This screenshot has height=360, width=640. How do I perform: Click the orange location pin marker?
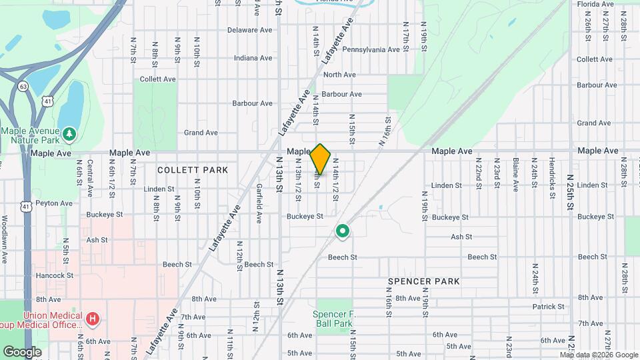coord(321,159)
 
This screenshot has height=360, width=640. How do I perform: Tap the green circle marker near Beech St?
coord(343,231)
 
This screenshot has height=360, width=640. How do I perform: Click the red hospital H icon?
coord(93,319)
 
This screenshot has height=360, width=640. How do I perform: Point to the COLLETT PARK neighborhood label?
coord(193,170)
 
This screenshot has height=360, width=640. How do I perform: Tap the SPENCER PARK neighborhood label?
coord(424,281)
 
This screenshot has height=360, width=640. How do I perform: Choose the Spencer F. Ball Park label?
coord(333,319)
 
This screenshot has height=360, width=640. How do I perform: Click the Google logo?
coord(22,352)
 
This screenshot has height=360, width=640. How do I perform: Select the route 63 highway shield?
coord(23,86)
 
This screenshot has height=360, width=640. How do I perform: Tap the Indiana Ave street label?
coord(254,58)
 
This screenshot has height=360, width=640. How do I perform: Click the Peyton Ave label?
coord(54,203)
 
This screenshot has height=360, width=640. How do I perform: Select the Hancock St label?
coord(55,275)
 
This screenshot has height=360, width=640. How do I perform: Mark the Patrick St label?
coord(549,307)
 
